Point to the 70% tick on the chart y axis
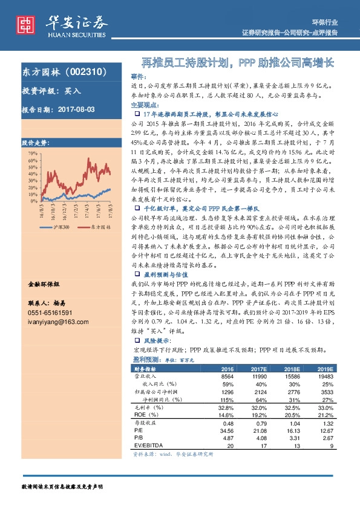pyautogui.click(x=31, y=154)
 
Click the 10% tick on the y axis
pyautogui.click(x=31, y=198)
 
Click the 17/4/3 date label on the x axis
pyautogui.click(x=87, y=212)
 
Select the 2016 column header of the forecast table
pyautogui.click(x=227, y=369)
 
